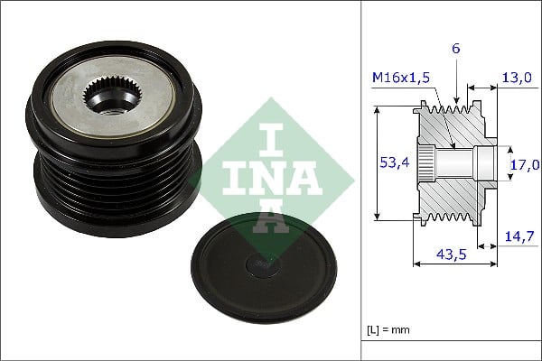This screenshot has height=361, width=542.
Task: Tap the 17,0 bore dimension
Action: tap(525, 164)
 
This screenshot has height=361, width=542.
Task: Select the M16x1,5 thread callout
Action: tap(400, 79)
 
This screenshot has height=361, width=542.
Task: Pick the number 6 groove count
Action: tap(456, 49)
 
